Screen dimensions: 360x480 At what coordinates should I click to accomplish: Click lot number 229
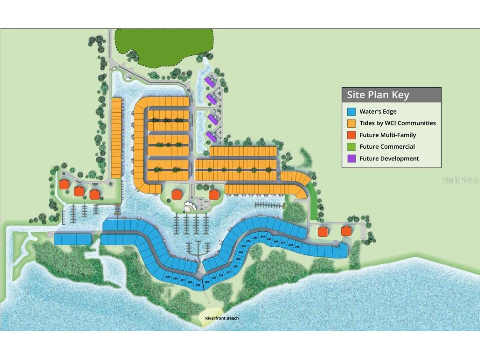click(168, 277)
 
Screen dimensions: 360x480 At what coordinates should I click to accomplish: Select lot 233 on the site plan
click(198, 284)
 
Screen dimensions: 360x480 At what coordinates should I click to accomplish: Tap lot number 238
click(235, 267)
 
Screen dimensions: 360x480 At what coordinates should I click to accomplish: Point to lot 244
click(262, 237)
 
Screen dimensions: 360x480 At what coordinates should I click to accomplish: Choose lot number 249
click(297, 246)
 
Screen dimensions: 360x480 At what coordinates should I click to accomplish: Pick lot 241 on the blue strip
click(244, 246)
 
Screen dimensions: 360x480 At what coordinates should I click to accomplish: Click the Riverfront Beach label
click(221, 318)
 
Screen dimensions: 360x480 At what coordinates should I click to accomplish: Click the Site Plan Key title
click(378, 95)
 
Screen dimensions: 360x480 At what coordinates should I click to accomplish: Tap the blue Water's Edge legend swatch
click(352, 112)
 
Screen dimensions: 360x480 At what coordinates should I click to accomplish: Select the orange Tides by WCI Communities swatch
click(352, 123)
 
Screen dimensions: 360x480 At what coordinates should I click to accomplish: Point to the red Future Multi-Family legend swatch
click(352, 135)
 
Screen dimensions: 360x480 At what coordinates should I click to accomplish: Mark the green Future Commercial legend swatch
click(352, 147)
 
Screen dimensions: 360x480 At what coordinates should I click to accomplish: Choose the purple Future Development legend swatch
click(352, 159)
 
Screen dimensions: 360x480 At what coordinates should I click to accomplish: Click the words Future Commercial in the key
click(387, 147)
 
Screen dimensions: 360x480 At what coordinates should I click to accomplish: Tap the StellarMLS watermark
click(460, 180)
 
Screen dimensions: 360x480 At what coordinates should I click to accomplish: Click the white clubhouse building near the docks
click(191, 206)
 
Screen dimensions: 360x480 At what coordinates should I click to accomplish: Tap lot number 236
click(221, 275)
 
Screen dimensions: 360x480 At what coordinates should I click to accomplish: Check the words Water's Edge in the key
click(378, 112)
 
